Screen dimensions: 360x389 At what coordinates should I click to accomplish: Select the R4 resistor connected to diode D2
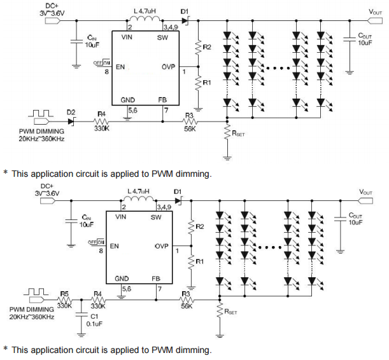click(101, 119)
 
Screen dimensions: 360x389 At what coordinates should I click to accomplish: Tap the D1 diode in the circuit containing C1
click(178, 200)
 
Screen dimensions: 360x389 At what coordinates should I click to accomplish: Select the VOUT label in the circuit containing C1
click(366, 191)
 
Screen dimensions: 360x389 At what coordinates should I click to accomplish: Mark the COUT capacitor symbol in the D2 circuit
click(350, 38)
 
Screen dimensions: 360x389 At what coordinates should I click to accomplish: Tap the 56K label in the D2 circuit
click(189, 127)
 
